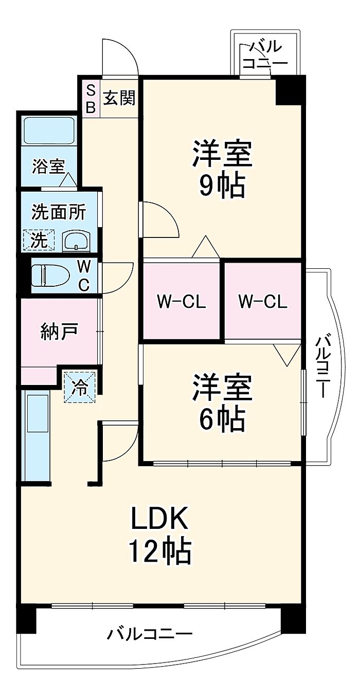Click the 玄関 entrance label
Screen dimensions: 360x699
(119, 97)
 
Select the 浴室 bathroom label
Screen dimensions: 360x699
(48, 167)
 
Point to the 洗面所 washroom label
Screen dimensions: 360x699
(59, 213)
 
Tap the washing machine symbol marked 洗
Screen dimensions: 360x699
(39, 240)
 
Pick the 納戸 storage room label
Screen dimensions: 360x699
(59, 333)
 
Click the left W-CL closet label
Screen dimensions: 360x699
(181, 302)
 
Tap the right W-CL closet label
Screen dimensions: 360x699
(263, 302)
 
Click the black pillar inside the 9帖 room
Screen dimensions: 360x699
(289, 90)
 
